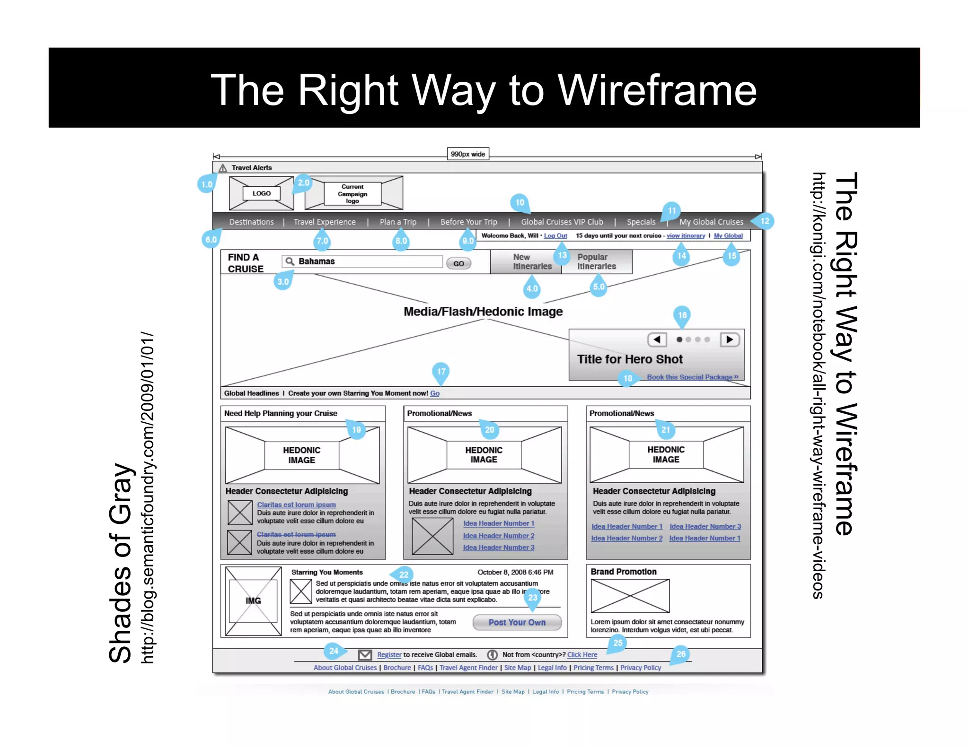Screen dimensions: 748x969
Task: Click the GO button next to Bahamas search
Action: (x=458, y=263)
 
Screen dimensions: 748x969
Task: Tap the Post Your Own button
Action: (x=517, y=622)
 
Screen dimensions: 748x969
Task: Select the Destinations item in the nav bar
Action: (x=251, y=222)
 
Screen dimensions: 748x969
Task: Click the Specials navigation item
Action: (x=641, y=222)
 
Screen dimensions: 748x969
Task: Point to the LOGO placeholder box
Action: (x=261, y=193)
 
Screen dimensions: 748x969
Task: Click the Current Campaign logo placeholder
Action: (x=352, y=194)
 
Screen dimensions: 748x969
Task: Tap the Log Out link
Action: (x=555, y=235)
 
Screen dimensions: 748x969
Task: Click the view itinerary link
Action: (x=686, y=235)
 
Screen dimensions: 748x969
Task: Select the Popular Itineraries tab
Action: (x=596, y=262)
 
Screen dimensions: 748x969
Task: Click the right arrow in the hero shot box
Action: (x=730, y=339)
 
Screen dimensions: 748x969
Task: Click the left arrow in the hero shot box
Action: (x=657, y=339)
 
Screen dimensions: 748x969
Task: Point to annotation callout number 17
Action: (x=441, y=372)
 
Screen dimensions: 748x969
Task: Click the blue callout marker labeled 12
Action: (x=765, y=221)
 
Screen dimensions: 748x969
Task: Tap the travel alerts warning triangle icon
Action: (x=223, y=168)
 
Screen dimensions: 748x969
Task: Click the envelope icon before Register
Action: (x=365, y=655)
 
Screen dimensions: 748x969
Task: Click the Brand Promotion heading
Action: (x=623, y=572)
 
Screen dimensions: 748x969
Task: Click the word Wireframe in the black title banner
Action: (x=658, y=90)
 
